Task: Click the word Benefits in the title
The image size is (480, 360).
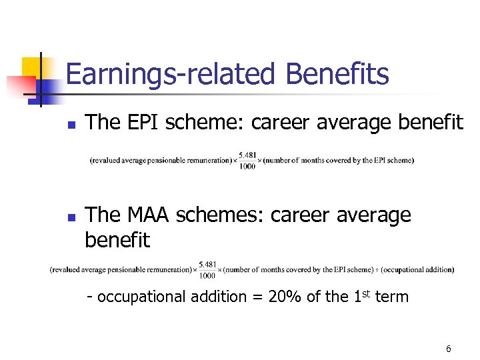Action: [337, 74]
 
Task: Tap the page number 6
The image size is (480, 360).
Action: [449, 349]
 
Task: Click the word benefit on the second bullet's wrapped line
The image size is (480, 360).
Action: [117, 240]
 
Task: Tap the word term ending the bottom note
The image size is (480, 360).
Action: [392, 297]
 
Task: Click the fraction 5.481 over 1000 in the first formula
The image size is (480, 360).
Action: [247, 161]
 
